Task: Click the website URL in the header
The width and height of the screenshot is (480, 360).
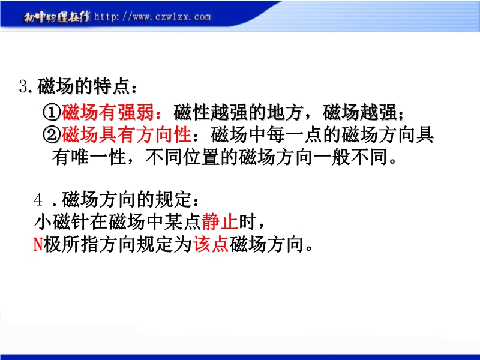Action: click(x=152, y=17)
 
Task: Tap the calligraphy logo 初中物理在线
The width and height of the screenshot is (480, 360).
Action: click(x=57, y=17)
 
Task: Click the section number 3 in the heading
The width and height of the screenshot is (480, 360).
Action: click(x=23, y=86)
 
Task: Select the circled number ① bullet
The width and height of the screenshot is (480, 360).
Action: click(x=52, y=112)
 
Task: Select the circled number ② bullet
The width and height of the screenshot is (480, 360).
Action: click(x=52, y=134)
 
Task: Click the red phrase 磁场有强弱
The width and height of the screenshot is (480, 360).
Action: click(x=108, y=112)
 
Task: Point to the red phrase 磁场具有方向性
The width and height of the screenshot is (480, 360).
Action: click(x=127, y=134)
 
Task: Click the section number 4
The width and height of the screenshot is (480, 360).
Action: click(x=38, y=200)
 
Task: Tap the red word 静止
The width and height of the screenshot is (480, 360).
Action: click(x=220, y=221)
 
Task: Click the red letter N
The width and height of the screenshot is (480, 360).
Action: click(x=38, y=244)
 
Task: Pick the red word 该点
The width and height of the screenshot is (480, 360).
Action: click(x=211, y=244)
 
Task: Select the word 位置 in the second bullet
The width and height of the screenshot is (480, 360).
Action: click(x=202, y=157)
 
